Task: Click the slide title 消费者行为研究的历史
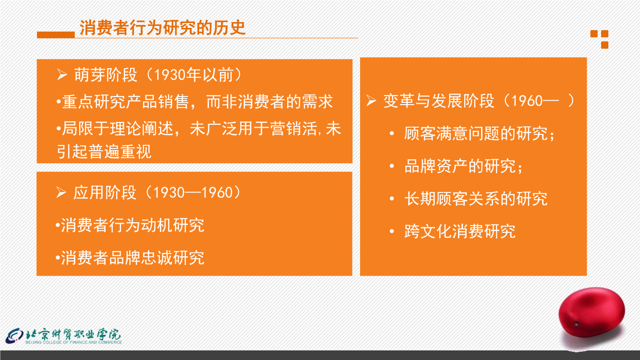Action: tap(162, 28)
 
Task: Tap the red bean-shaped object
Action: tap(592, 312)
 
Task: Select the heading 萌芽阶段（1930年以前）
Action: tap(157, 75)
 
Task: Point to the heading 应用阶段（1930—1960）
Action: tap(157, 192)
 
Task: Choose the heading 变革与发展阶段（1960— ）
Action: tap(479, 101)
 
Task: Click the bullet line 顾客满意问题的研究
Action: tap(479, 133)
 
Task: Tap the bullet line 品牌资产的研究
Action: tap(463, 166)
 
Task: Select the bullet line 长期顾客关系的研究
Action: tap(476, 199)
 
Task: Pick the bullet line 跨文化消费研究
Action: tap(459, 231)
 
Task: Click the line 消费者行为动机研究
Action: tap(130, 226)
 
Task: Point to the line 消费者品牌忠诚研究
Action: tap(130, 258)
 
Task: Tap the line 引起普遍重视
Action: tap(104, 151)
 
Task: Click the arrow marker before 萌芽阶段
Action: tap(62, 74)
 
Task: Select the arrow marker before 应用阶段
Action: tap(61, 192)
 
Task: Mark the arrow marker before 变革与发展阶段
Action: tap(371, 101)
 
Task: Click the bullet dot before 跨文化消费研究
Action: tap(392, 231)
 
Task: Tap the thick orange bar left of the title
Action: tap(56, 35)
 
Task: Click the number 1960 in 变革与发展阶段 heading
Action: tap(527, 101)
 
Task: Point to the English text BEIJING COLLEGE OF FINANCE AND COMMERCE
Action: tap(74, 342)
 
